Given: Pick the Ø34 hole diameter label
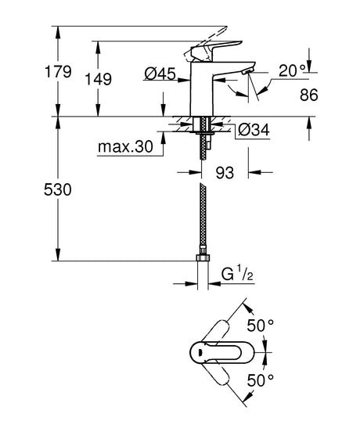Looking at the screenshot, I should (252, 128).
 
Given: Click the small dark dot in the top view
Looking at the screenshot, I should (203, 351).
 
